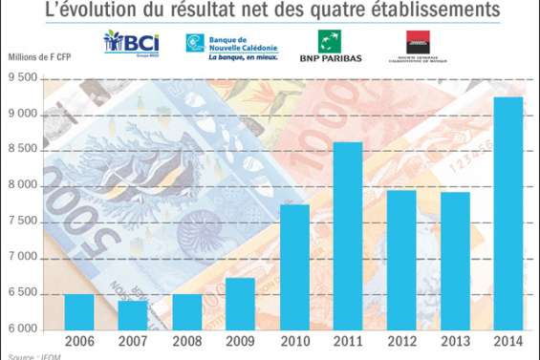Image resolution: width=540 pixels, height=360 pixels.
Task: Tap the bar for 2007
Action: pos(133,314)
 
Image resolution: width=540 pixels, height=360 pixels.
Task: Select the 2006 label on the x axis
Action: pos(79,341)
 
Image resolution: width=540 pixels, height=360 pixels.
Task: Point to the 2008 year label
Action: pos(186,341)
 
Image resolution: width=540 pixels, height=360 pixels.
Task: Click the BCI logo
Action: pos(131,43)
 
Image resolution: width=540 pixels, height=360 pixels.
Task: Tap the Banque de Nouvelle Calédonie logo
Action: pos(231,45)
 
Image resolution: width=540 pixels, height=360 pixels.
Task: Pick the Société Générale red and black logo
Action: pos(417,45)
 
